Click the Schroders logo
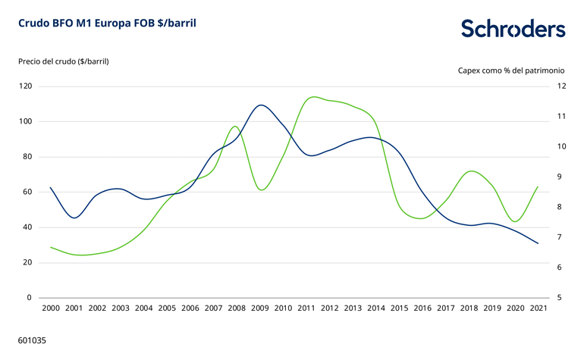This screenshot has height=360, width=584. coord(513,30)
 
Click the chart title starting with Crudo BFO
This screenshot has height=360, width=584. coord(107,23)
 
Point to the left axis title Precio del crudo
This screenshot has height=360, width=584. coord(64,61)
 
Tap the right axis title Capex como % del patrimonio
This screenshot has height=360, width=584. coord(511,70)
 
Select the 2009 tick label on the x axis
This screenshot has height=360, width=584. coord(260,308)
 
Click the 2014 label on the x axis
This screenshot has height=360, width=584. coord(376,308)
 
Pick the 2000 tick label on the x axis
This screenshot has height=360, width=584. coord(51,308)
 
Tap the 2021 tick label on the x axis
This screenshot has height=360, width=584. coord(538,308)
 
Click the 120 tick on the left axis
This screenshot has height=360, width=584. coord(26,86)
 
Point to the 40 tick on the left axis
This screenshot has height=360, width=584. coord(27,227)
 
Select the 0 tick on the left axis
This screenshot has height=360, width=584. coord(30,298)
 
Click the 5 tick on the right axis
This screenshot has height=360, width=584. coord(560,298)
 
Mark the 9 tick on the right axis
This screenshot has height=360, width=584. coord(560,177)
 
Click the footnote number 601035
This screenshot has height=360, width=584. coord(33,341)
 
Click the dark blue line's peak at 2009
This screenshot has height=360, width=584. coord(261,105)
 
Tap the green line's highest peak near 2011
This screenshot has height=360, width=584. coord(313,97)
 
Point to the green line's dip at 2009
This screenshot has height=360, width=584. coord(262,189)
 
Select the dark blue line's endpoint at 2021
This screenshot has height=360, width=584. coord(538,243)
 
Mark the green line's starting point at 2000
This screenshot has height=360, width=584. coord(51,247)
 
